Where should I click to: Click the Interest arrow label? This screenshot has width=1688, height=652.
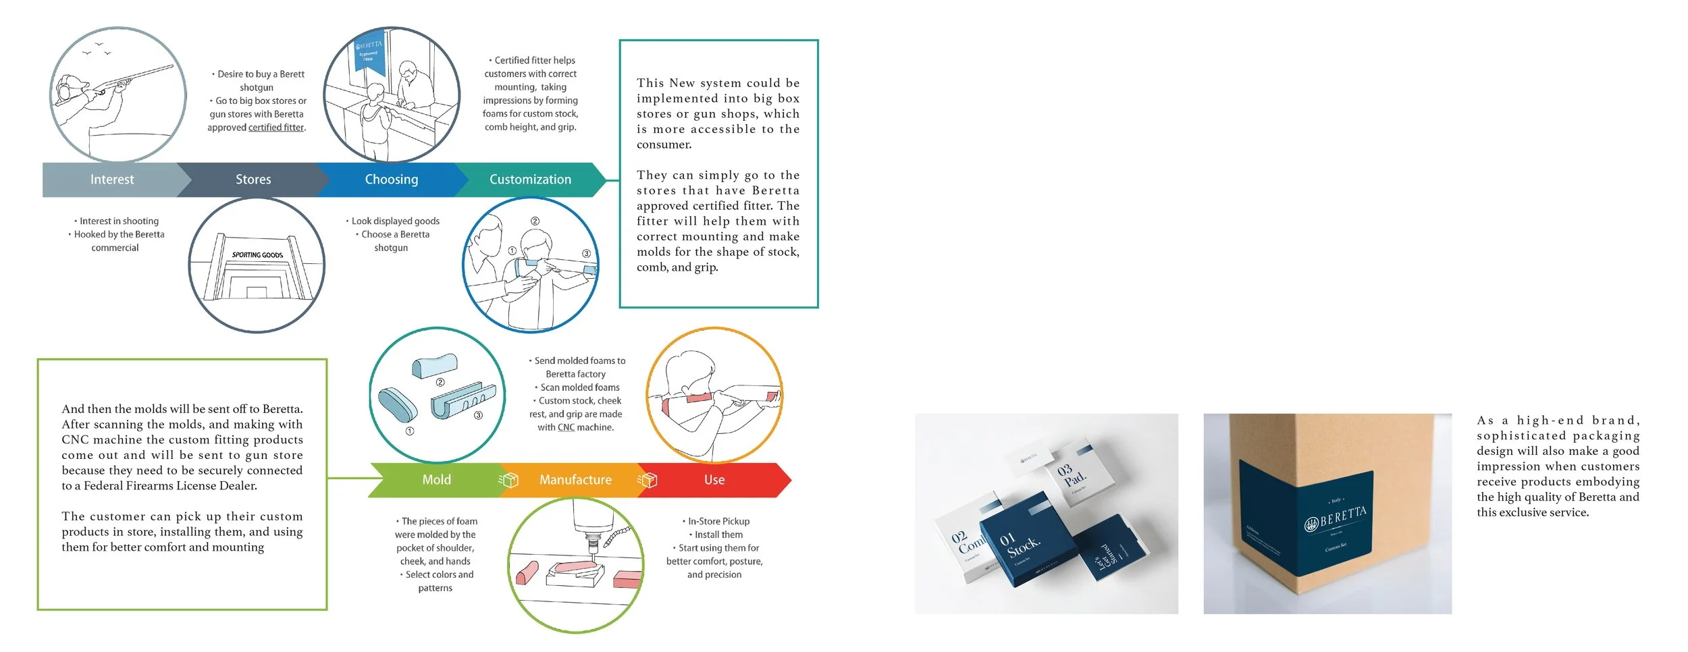[112, 180]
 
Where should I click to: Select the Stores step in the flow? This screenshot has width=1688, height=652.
[253, 180]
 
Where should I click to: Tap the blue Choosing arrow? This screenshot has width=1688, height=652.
[392, 180]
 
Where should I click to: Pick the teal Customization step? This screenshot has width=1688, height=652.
[530, 180]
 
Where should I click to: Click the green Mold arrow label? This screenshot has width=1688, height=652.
[436, 480]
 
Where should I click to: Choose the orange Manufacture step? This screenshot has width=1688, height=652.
[575, 480]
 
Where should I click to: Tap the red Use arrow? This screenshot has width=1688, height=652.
[714, 480]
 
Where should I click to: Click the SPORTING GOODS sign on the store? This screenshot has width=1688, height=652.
[257, 255]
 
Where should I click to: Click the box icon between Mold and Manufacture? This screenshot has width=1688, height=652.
[508, 480]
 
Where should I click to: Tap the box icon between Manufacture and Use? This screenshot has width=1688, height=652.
[648, 480]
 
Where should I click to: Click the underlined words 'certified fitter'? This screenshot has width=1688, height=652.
[276, 128]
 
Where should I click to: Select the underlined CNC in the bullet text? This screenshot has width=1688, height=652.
[566, 427]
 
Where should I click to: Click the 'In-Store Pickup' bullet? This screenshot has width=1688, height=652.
[718, 521]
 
